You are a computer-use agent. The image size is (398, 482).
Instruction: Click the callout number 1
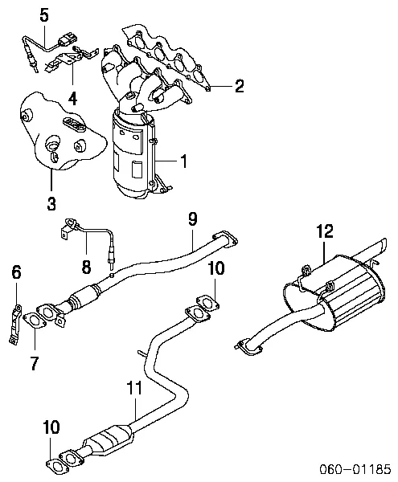click(x=183, y=162)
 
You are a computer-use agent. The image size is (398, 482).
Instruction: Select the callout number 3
click(x=51, y=203)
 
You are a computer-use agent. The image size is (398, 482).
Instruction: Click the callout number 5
click(x=43, y=14)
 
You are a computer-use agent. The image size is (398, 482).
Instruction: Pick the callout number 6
click(x=15, y=274)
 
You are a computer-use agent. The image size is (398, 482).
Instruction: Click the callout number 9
click(x=192, y=218)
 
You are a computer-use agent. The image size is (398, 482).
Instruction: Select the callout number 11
click(x=134, y=388)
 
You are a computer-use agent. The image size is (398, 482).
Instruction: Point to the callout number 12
click(x=323, y=231)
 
